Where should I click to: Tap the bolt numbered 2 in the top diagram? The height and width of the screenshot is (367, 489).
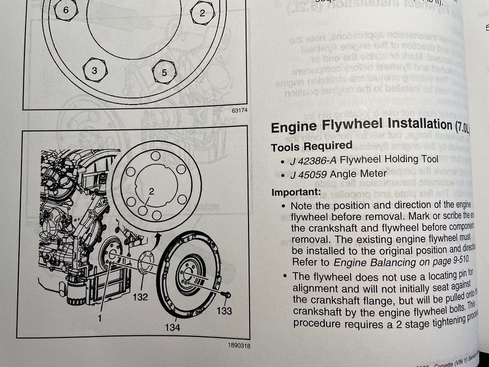202,13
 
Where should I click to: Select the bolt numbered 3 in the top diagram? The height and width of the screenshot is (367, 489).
94,71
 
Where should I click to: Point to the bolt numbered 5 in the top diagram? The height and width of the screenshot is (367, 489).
164,73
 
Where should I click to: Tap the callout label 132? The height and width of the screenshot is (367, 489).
141,297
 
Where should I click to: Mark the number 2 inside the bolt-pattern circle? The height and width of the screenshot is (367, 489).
151,192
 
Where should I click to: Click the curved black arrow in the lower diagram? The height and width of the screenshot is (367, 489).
158,238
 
